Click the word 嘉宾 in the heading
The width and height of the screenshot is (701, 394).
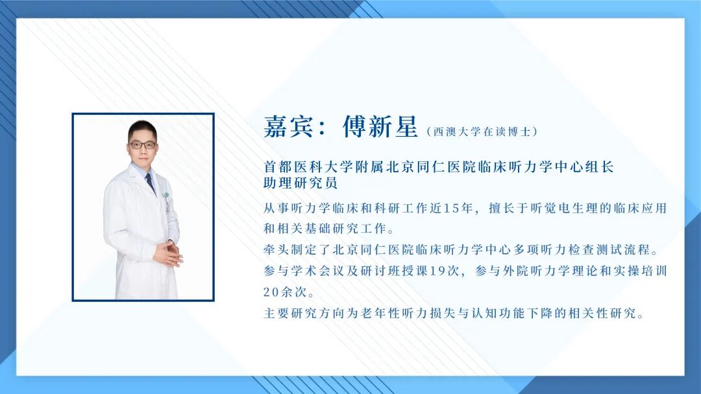286,128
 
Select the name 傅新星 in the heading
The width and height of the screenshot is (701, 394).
380,128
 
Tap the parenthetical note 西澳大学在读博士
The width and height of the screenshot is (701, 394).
482,132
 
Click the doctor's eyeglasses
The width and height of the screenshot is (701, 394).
142,145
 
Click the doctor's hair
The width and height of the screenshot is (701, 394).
142,128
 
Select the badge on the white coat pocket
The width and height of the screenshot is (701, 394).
167,197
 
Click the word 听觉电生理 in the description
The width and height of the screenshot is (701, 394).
559,209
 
